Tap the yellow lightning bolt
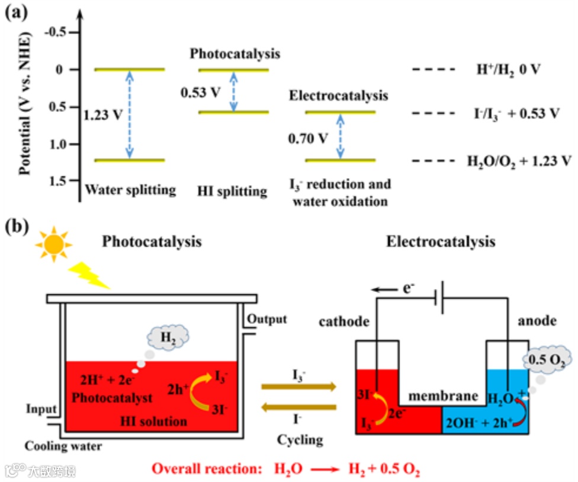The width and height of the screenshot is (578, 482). [89, 274]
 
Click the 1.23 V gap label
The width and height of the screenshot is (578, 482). [104, 115]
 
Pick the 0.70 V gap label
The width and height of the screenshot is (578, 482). [307, 139]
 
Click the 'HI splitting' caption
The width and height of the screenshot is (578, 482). [233, 191]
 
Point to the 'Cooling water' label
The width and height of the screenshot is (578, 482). [63, 446]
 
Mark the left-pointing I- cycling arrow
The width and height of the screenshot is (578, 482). [300, 407]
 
